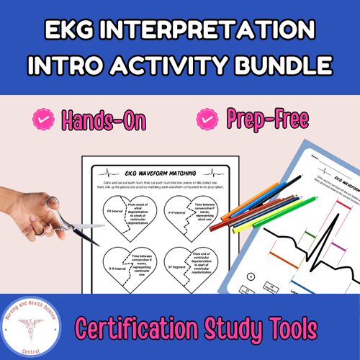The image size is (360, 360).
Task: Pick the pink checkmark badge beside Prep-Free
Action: [x=209, y=117]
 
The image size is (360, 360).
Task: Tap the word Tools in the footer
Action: [x=289, y=328]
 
